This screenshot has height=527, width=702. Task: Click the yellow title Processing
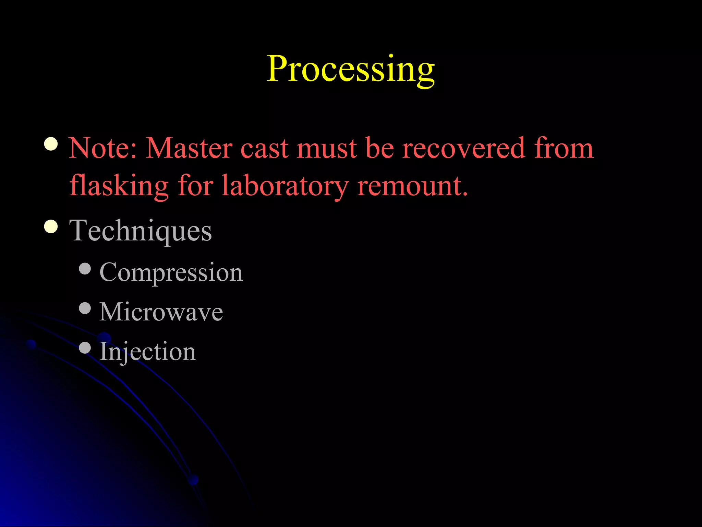(351, 70)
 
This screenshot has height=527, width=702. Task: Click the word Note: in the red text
(103, 148)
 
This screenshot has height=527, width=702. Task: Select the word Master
(189, 148)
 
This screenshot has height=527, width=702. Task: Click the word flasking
(119, 186)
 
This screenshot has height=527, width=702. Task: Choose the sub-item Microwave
(161, 312)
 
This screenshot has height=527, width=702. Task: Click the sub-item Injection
(147, 352)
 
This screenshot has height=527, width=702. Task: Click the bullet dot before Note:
(51, 144)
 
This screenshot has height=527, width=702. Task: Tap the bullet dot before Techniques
(51, 226)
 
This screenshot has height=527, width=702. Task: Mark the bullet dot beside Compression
(85, 269)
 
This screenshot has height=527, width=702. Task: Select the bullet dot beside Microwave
(85, 308)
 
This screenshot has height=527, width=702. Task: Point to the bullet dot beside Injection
(85, 348)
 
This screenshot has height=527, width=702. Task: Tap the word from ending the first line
(564, 148)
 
